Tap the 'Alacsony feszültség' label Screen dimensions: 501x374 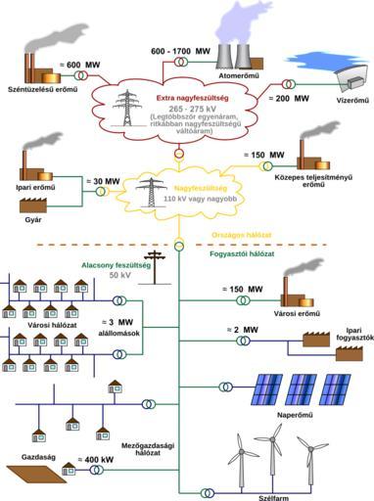coord(116,264)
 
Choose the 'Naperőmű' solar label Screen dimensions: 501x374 coord(296,415)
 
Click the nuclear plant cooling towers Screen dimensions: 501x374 coord(235,54)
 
